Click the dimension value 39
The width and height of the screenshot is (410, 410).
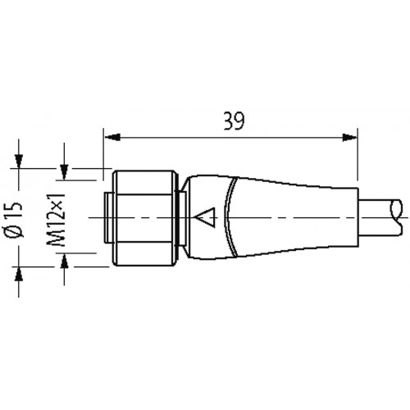[234, 121]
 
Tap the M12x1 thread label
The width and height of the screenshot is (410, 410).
[57, 220]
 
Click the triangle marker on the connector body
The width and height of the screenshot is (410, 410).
[206, 217]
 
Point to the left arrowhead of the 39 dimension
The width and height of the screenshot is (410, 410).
[112, 137]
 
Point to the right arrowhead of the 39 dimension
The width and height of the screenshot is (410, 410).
[350, 137]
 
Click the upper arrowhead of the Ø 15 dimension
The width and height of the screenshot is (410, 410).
[19, 162]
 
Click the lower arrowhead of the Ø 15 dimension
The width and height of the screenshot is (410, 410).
[19, 273]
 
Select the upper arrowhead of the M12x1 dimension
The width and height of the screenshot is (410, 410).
[64, 172]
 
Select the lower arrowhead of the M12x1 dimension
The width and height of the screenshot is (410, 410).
[64, 260]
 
